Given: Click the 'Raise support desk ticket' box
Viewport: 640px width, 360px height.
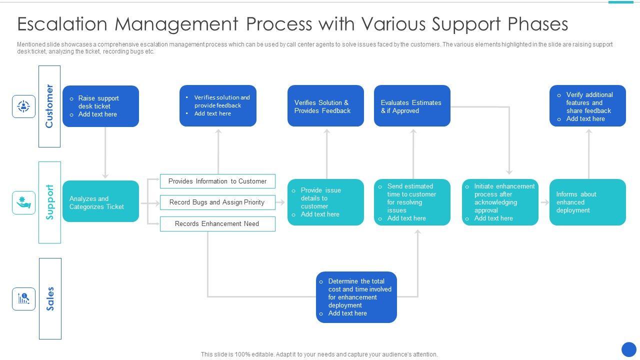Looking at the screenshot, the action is tap(100, 106).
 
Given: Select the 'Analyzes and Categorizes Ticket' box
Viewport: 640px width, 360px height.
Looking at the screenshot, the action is tap(100, 201).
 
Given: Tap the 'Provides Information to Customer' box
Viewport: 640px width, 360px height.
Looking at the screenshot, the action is tap(217, 181).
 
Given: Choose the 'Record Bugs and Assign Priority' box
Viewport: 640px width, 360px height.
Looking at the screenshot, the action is tap(217, 202).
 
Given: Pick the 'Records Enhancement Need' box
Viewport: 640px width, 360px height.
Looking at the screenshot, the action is tap(217, 223).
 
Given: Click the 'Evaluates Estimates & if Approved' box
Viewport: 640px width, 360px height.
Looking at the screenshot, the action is tap(412, 105).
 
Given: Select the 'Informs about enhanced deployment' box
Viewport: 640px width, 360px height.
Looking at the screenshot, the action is tap(587, 202).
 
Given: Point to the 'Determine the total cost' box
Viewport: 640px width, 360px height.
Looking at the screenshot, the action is tap(356, 297).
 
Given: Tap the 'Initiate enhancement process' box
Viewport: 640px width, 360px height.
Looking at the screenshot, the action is tap(500, 202).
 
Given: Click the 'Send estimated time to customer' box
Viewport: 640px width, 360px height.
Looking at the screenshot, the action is tap(412, 202).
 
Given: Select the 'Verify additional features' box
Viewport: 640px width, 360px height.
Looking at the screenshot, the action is tap(587, 105).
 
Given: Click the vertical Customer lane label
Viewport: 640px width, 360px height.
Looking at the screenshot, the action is tap(49, 106).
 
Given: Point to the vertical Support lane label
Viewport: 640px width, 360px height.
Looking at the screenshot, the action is tap(49, 202).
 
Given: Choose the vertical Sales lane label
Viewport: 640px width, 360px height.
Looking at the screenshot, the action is tap(50, 299).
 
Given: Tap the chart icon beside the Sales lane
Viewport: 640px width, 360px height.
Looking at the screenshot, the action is tap(23, 299).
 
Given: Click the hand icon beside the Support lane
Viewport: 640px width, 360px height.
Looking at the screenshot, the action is tap(23, 202).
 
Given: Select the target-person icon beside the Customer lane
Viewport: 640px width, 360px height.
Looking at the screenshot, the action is tap(23, 106).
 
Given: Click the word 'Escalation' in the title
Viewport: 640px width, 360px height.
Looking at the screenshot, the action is tap(62, 23).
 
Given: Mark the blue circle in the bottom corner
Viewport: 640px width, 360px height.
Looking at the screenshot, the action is tap(629, 349).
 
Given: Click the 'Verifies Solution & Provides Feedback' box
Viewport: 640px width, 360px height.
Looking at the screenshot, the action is tap(325, 105).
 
